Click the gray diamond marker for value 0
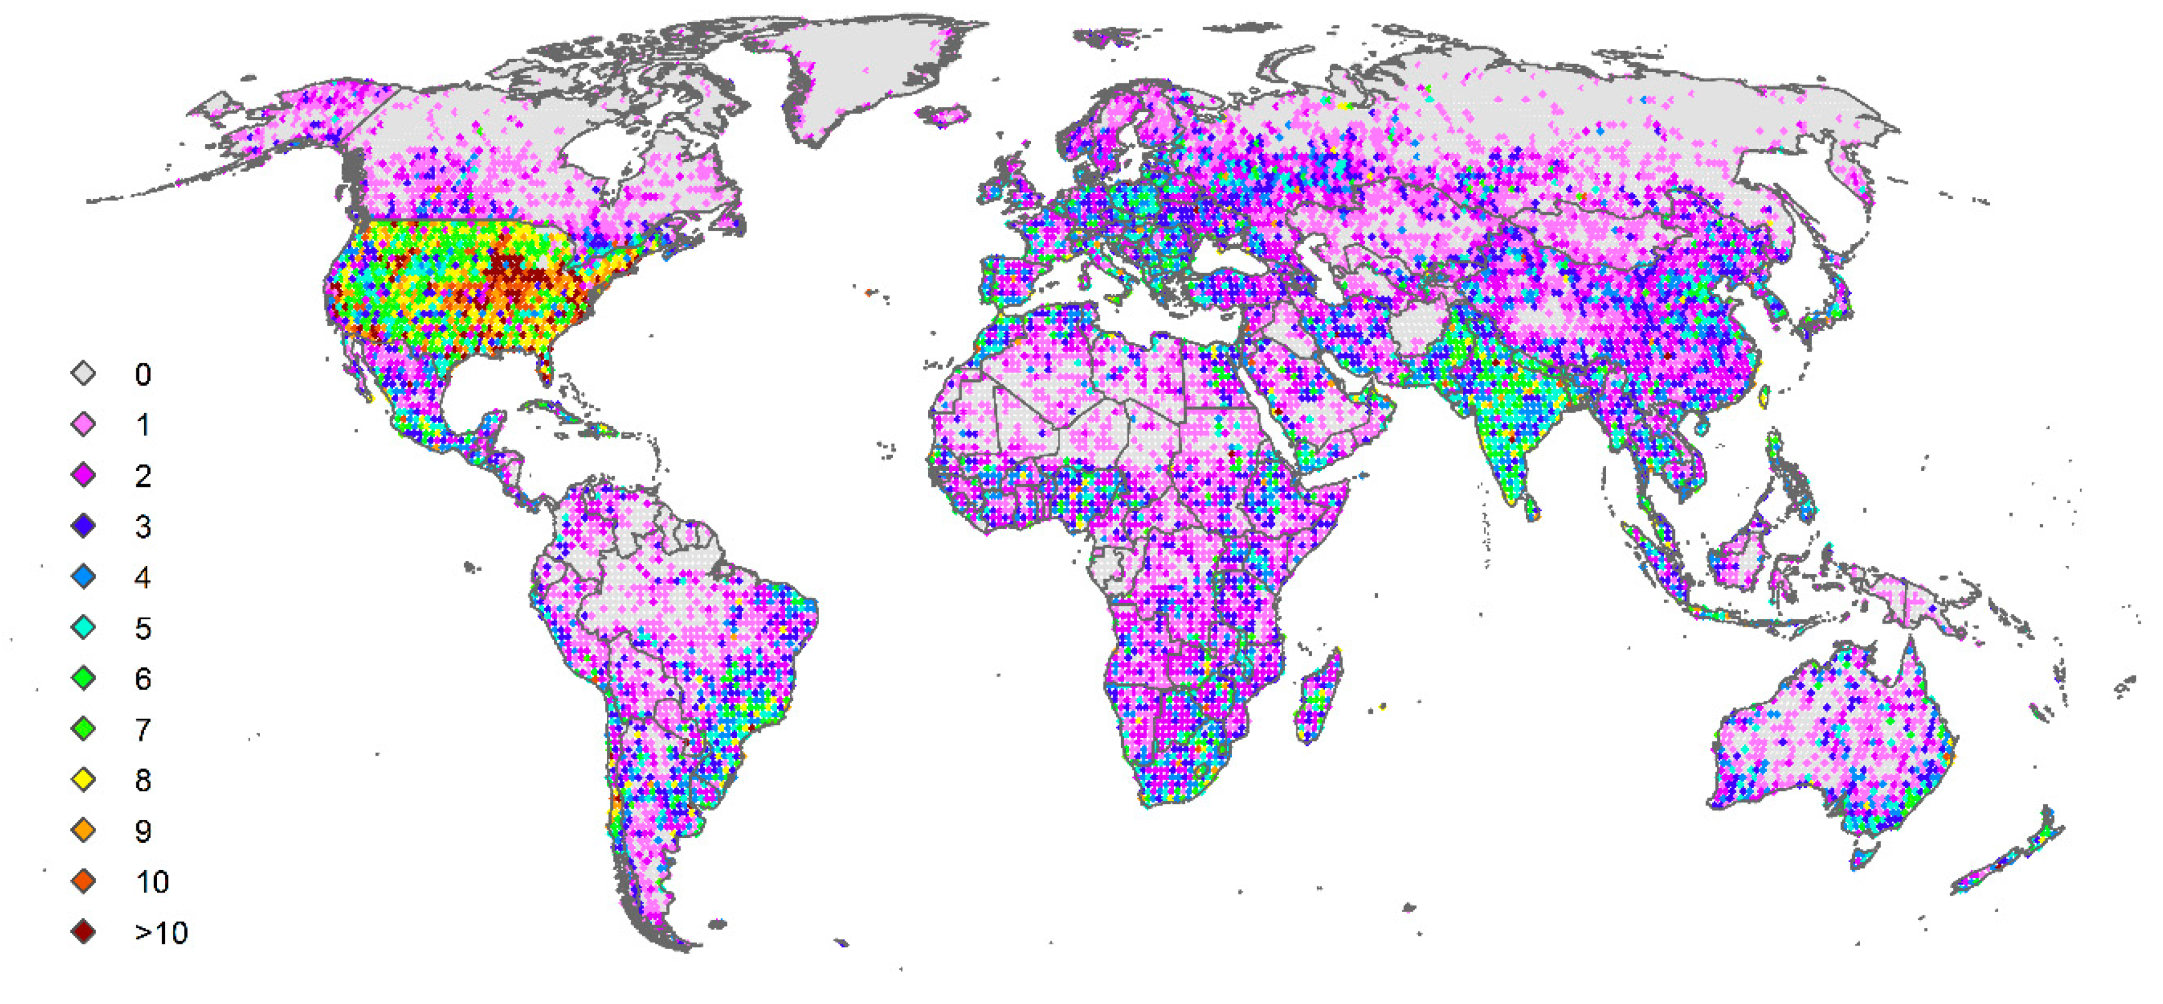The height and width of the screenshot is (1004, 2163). pos(84,374)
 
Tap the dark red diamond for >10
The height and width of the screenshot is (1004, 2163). pos(84,932)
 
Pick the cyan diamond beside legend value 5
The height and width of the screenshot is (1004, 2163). pos(84,628)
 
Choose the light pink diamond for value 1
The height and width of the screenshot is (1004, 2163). pos(84,425)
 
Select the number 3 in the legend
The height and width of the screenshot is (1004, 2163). pos(143,526)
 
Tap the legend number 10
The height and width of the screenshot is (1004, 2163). pos(152,882)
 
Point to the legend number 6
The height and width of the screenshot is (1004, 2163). pos(143,678)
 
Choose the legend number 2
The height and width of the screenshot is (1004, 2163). pos(143,476)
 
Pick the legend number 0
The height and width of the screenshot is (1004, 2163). pos(143,374)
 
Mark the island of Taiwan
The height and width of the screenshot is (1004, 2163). pos(1763,396)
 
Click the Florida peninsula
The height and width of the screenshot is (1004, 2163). pos(544,366)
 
